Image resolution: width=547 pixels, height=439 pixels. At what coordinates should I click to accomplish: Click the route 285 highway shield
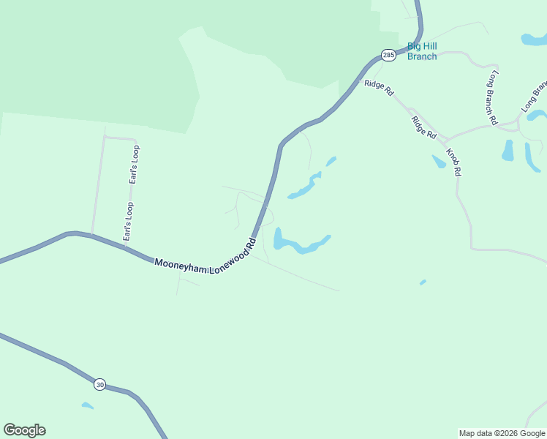click(x=388, y=55)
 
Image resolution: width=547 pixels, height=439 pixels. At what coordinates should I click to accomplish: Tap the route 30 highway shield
click(x=99, y=383)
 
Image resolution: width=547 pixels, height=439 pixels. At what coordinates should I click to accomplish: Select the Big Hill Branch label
click(x=422, y=51)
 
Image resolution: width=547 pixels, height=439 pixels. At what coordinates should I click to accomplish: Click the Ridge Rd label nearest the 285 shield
click(x=380, y=89)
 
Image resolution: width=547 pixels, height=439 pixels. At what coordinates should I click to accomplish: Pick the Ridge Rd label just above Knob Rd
click(x=423, y=127)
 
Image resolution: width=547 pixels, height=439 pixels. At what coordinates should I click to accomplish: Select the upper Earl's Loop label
click(x=134, y=165)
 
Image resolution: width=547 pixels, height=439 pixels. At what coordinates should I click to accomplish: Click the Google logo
click(x=24, y=430)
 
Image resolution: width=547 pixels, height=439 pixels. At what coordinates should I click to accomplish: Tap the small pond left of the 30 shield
click(x=87, y=405)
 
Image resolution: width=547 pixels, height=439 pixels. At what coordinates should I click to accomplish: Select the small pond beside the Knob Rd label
click(x=439, y=161)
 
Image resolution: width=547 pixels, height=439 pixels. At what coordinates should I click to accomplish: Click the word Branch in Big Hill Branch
click(x=422, y=56)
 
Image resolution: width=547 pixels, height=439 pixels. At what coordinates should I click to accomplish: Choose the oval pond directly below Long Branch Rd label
click(x=508, y=150)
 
